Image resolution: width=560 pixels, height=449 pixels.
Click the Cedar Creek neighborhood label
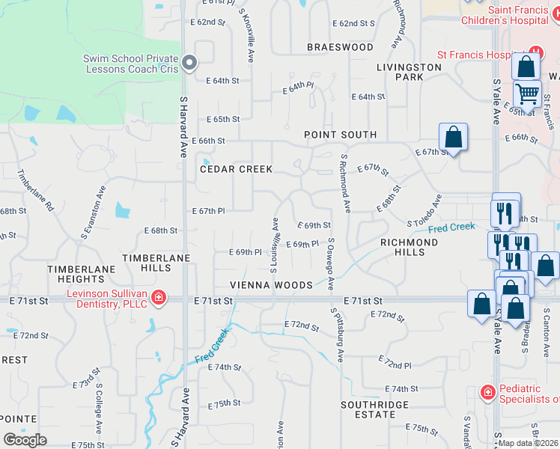pos(236,169)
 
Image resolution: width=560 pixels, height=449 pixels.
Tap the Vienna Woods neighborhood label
pos(271,285)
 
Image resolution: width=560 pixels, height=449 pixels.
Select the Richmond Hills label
pos(409,247)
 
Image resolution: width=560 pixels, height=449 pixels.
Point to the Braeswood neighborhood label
pos(340,47)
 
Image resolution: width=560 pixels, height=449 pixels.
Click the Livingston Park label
pos(409,72)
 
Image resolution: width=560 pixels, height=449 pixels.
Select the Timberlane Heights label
pos(82,274)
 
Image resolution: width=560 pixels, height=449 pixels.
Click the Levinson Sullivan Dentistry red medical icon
pos(158,299)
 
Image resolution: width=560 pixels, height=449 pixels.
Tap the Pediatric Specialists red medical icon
pos(487,391)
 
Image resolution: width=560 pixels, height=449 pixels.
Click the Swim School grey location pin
pos(189,63)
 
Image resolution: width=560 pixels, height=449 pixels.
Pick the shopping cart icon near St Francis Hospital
pos(527,94)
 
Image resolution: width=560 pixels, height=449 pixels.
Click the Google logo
pos(25,440)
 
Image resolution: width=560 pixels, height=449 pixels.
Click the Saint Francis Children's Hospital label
pos(524,15)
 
